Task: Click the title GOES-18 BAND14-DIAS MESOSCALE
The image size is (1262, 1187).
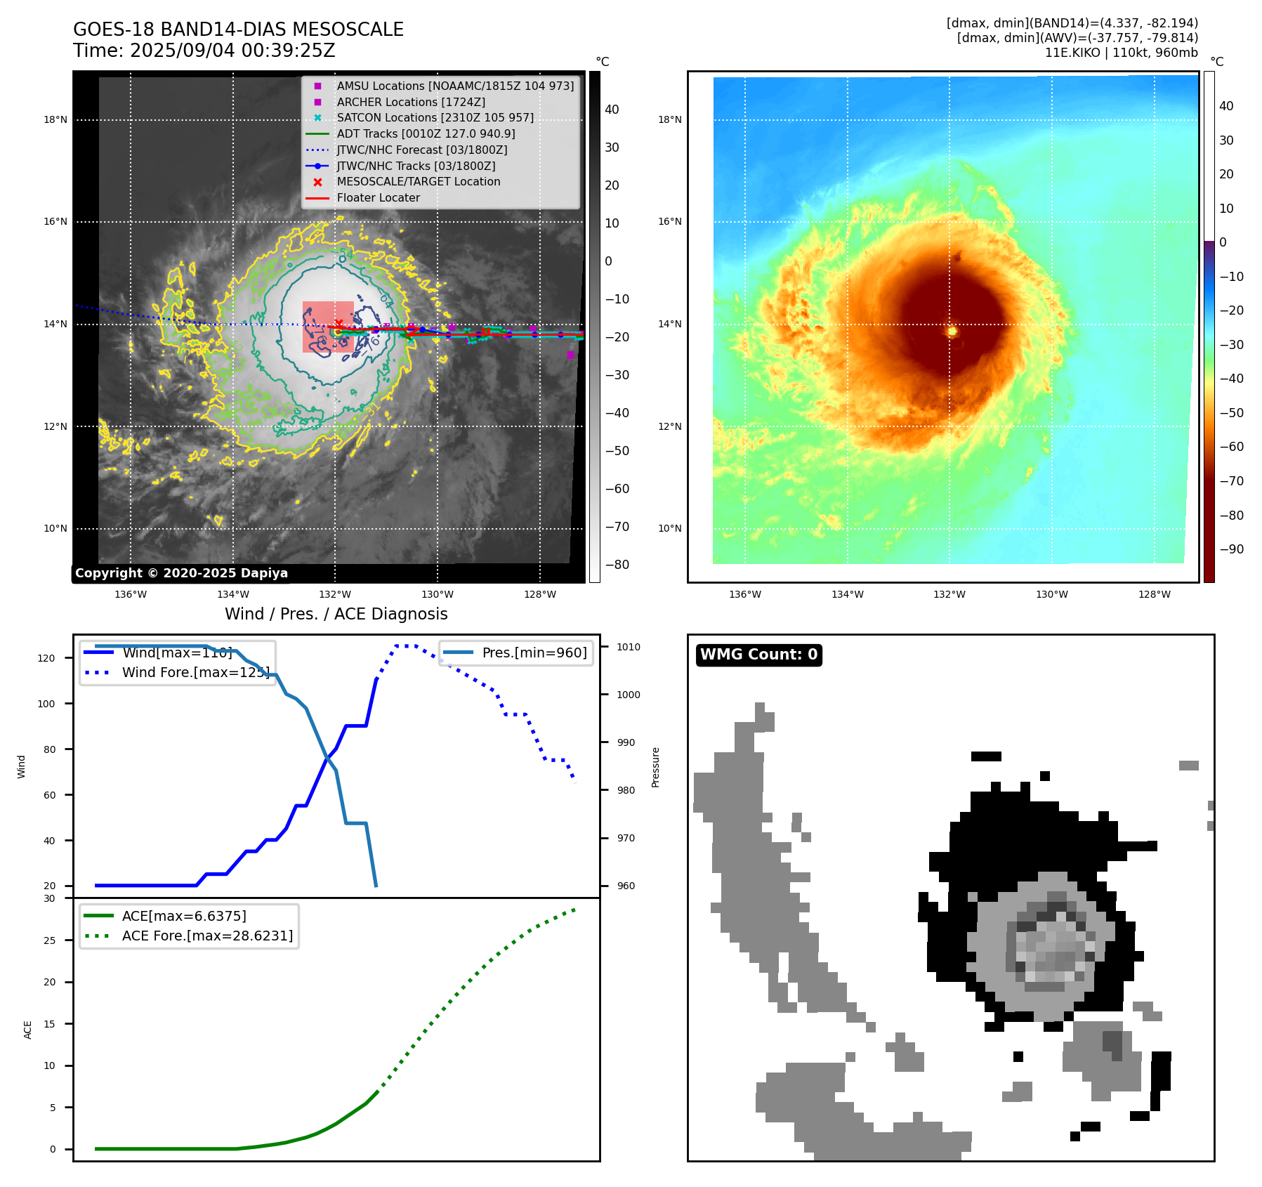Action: (238, 29)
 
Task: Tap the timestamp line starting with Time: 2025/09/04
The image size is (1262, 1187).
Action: (204, 51)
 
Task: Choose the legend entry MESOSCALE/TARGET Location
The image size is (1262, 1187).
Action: (418, 182)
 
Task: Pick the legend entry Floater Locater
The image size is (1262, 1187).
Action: (378, 198)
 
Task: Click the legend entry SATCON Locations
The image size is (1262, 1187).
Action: (435, 118)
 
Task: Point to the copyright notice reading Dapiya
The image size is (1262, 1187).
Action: (181, 573)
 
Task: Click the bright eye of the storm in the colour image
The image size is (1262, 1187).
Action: (952, 331)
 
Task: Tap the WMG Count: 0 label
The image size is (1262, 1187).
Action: (758, 655)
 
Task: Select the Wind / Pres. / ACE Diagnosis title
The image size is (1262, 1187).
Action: (336, 614)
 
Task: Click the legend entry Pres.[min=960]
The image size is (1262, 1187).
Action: (534, 652)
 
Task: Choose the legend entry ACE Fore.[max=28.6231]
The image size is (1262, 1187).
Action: (207, 936)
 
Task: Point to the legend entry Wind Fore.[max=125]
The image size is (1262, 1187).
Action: (195, 672)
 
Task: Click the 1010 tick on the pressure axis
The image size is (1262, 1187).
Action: (629, 647)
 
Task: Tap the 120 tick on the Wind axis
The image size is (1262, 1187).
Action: (46, 658)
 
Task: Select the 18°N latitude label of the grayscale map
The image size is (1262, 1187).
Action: (55, 119)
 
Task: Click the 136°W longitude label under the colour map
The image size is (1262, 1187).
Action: (744, 595)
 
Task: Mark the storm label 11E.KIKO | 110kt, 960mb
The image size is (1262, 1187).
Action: (1121, 53)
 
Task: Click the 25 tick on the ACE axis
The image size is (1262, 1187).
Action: (50, 940)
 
